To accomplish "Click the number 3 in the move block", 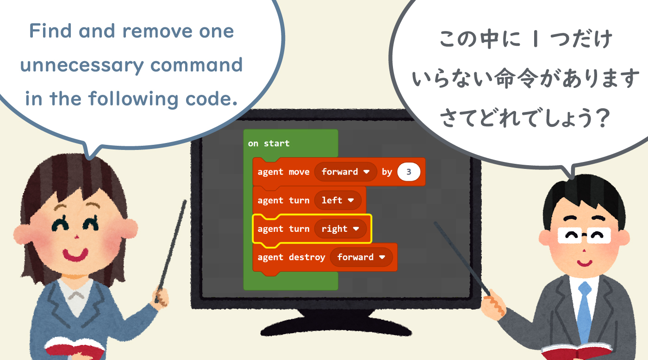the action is tap(409, 172).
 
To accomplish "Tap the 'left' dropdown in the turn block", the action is tap(337, 200).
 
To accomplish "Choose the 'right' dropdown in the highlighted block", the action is tap(340, 229).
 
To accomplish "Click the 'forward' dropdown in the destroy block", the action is tap(361, 257).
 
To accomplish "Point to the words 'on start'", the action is tap(269, 143).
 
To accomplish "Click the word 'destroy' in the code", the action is tap(307, 257).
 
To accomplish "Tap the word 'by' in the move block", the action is tap(387, 172).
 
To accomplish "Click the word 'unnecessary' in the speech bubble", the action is tap(82, 65).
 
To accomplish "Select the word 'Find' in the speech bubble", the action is tap(50, 31).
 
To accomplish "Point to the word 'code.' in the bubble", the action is tap(212, 99).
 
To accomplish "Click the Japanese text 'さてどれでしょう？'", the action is tap(525, 118).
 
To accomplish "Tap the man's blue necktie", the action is tap(584, 312).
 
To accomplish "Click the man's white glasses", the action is tap(584, 235).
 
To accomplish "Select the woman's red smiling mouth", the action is tap(75, 255).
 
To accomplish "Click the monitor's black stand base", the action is tap(336, 323).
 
